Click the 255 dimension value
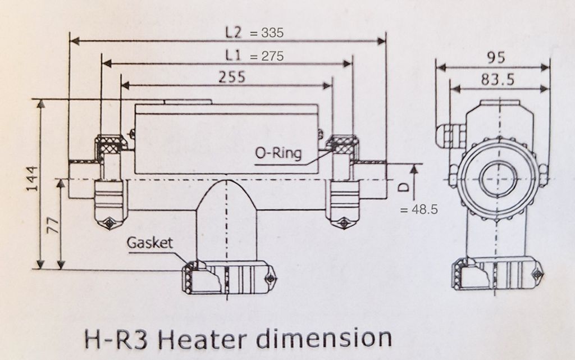(231, 77)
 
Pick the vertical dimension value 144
(32, 178)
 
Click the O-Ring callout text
(278, 153)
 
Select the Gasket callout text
(150, 243)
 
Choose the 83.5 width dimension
(497, 80)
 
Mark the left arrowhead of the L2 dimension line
(73, 41)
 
